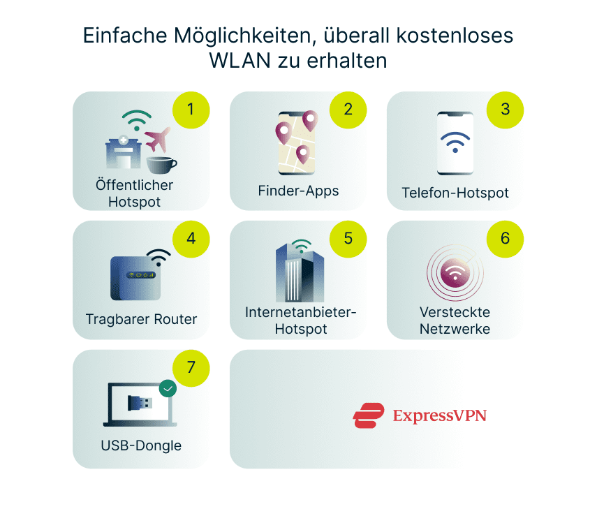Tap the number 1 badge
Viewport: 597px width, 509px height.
coord(191,110)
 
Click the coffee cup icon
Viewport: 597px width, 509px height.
coord(161,164)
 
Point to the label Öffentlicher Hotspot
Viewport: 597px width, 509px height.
coord(134,193)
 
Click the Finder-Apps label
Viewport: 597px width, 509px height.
coord(298,191)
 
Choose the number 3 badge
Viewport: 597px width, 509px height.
coord(505,110)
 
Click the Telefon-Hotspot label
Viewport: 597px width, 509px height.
coord(455,193)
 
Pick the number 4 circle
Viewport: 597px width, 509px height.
coord(191,239)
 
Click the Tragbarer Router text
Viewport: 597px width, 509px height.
coord(141,319)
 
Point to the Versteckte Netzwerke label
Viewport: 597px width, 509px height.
coord(455,320)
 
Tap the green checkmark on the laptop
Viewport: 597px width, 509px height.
coord(168,388)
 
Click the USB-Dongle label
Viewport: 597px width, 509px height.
coord(141,445)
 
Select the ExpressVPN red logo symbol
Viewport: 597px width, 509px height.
coord(369,415)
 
